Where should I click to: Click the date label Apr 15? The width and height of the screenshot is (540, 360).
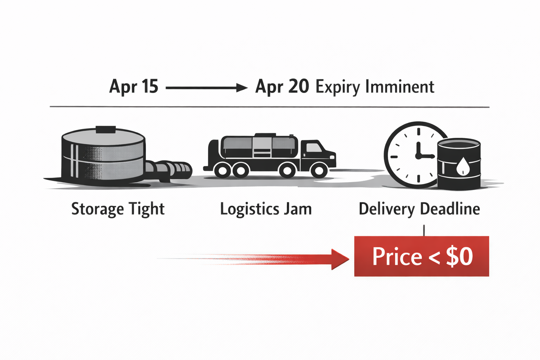[134, 86]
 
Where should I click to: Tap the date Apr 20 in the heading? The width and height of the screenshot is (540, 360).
[282, 86]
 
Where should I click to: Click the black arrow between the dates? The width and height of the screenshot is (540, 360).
[207, 88]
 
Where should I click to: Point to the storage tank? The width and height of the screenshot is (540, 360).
[103, 155]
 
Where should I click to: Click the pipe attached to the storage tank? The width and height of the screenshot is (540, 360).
[169, 170]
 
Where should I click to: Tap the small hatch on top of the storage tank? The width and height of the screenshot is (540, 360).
[105, 129]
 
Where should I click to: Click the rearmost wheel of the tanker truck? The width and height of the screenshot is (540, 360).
[222, 171]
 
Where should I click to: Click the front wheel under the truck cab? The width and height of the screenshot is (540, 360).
[319, 171]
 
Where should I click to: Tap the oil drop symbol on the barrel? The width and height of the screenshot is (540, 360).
[463, 166]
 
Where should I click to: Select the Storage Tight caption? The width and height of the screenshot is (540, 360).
[118, 209]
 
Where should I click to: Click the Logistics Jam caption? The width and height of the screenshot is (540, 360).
[266, 209]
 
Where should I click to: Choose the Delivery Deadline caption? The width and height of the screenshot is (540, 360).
[419, 209]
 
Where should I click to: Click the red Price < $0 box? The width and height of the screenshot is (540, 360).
[422, 256]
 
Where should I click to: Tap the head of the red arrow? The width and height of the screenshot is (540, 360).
[339, 259]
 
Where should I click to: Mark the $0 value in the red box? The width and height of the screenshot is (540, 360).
[459, 257]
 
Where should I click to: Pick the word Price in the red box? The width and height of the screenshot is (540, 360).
[397, 257]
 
